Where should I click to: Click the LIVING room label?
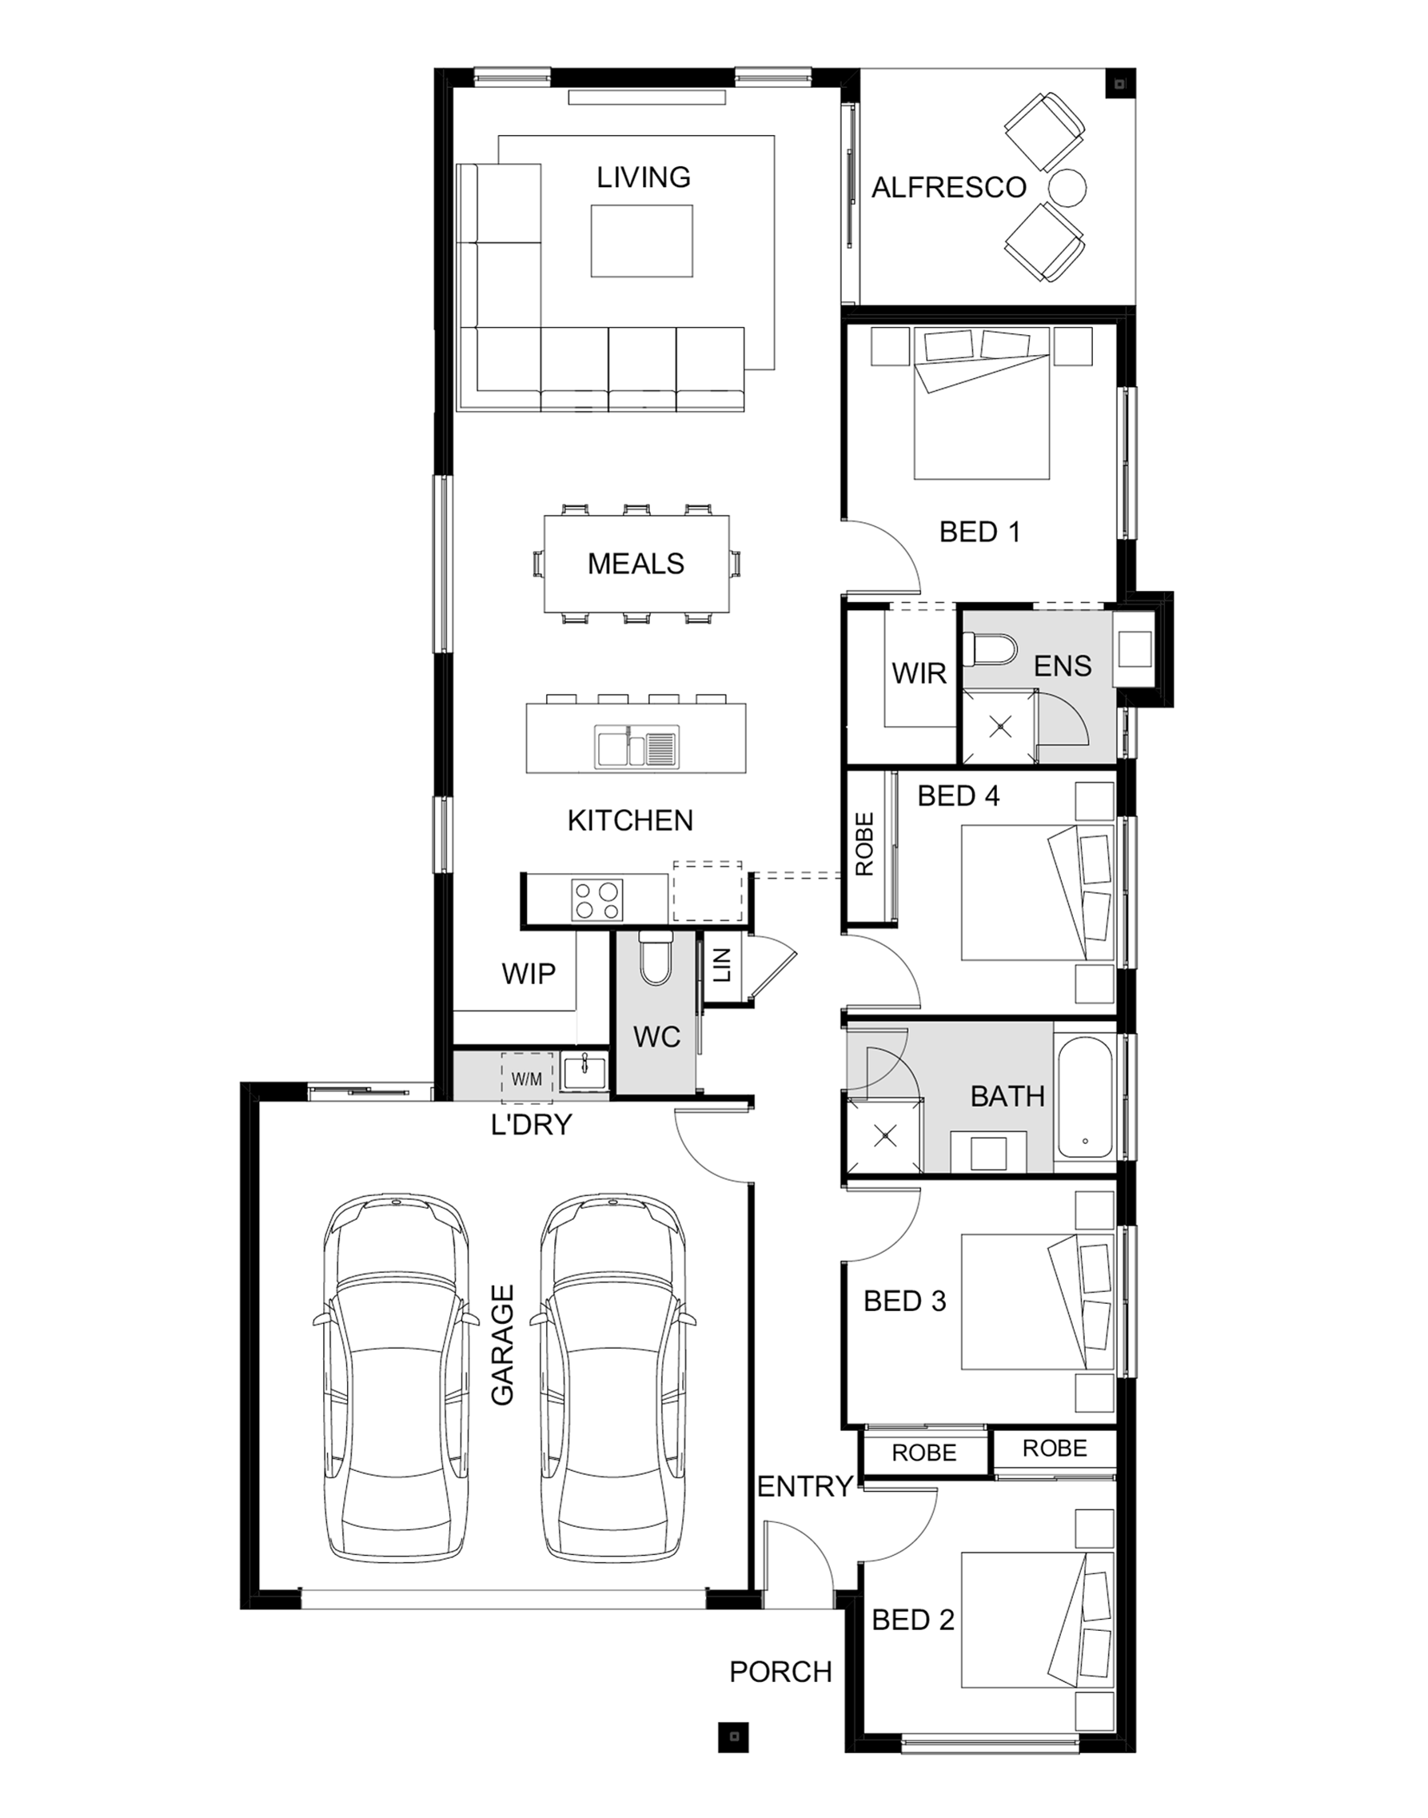[643, 177]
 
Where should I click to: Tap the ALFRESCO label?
[949, 188]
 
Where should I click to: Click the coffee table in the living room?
[641, 241]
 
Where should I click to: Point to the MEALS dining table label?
[636, 564]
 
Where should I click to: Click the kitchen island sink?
[636, 747]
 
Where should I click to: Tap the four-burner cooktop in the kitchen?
[597, 899]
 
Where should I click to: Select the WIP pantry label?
[529, 974]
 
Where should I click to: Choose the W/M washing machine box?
[526, 1079]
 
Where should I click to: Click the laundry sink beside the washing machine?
[584, 1072]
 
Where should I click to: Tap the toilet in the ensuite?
[989, 648]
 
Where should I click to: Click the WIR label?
[919, 673]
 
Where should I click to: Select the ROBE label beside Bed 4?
[864, 844]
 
